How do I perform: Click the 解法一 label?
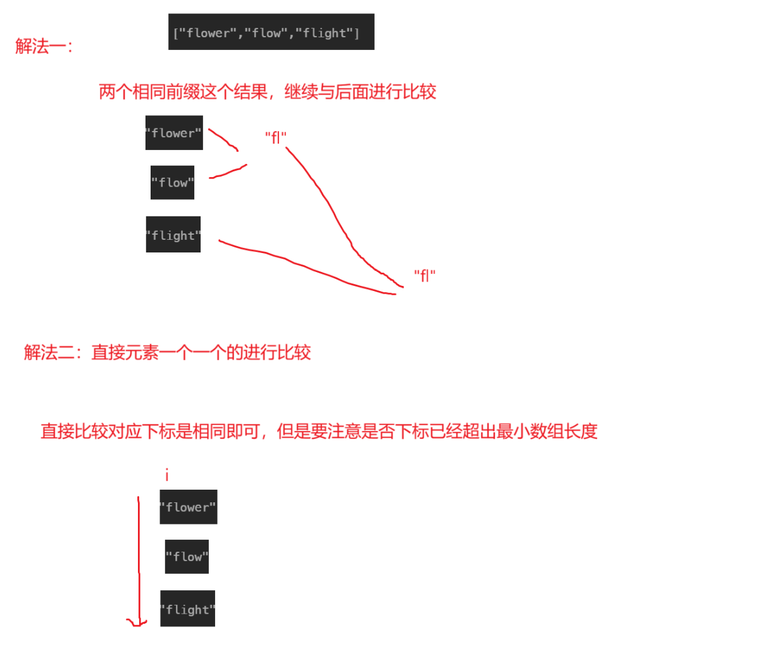[44, 46]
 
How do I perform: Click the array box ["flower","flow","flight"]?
[271, 32]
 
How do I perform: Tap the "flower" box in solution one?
[174, 133]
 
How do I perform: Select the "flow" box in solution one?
[172, 183]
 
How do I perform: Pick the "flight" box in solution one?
[173, 235]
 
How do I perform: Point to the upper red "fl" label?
[276, 137]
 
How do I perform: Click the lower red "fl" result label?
[425, 276]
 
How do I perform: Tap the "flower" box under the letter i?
[188, 507]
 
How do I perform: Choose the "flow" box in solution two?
[187, 557]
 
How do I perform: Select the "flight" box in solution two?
[187, 609]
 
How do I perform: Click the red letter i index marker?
[166, 474]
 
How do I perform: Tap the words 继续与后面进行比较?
[360, 92]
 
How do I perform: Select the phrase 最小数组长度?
[547, 431]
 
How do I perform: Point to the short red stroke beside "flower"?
[223, 139]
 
